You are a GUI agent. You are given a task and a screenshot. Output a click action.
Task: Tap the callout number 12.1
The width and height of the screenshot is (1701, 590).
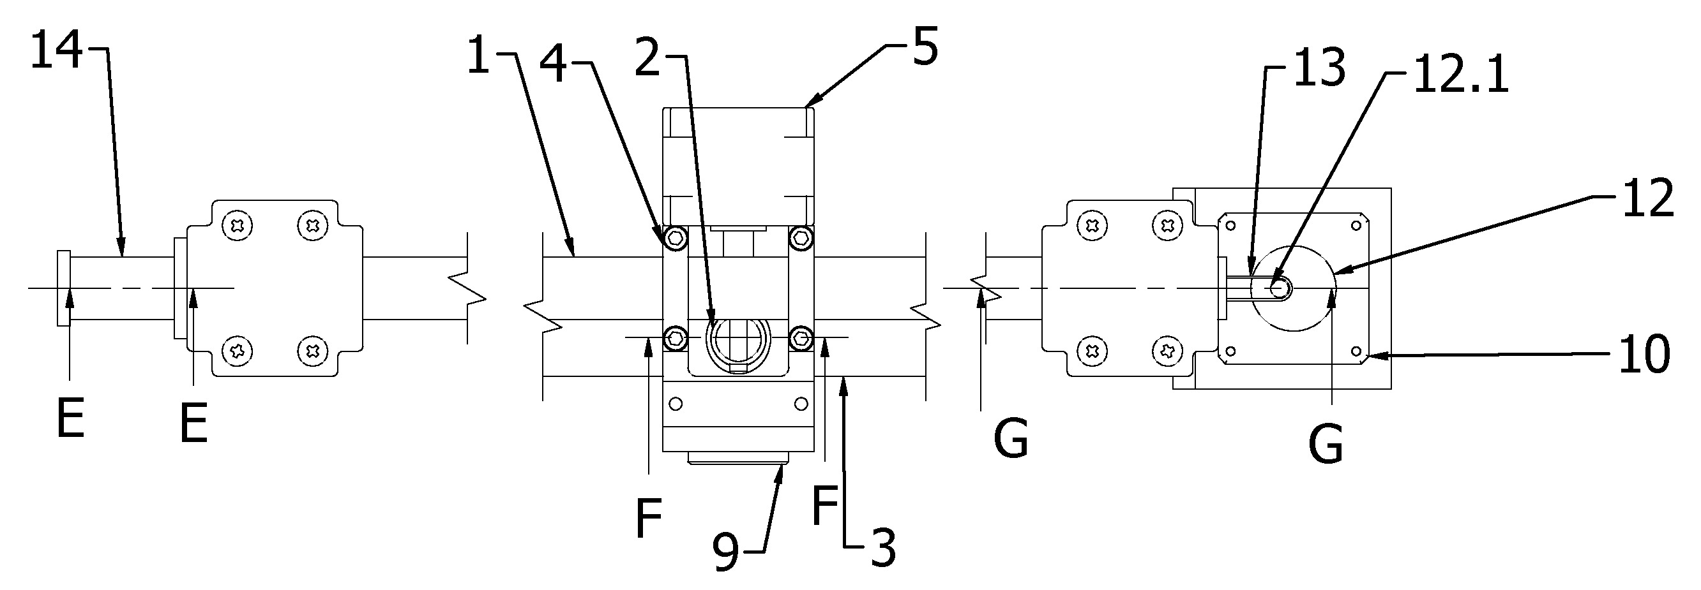tap(1460, 75)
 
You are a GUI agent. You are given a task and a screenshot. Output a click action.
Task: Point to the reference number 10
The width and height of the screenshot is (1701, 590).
tap(1645, 354)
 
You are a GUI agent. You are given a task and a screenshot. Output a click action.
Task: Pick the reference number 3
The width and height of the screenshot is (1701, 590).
tap(883, 548)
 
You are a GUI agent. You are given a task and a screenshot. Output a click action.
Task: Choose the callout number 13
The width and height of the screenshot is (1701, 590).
tap(1319, 68)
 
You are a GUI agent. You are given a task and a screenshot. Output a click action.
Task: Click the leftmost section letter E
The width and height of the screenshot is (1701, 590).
tap(71, 419)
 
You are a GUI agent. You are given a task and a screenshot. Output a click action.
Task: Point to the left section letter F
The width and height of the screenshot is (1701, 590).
tap(649, 519)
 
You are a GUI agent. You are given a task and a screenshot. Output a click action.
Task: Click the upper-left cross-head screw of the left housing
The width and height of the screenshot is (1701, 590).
tap(238, 226)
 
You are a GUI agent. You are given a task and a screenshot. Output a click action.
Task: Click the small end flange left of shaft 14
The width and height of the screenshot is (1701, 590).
tap(63, 288)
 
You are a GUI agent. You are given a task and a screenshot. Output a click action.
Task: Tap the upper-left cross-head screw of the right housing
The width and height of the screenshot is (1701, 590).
tap(1093, 226)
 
